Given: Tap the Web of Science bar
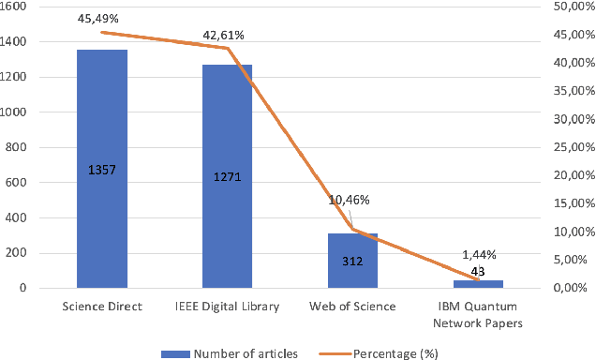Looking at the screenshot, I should tap(352, 272).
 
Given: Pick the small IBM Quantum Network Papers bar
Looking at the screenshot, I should tap(478, 284).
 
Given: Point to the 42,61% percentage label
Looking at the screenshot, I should tap(224, 36).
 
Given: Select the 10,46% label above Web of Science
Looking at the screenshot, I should tap(350, 200).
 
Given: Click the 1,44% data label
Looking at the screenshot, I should tap(478, 255).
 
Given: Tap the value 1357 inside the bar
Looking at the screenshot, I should tap(102, 171).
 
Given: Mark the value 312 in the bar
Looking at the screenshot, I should tap(352, 261).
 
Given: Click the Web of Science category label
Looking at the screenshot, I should tap(352, 307).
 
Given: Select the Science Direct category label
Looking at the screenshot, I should tap(102, 307).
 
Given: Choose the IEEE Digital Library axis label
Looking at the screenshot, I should tap(228, 307).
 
